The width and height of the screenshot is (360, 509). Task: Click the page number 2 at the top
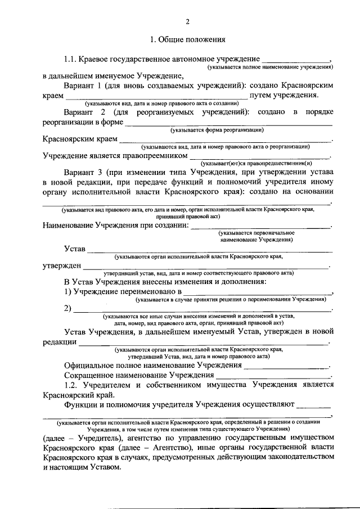click(188, 22)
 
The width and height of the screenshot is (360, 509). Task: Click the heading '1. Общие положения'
click(188, 40)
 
